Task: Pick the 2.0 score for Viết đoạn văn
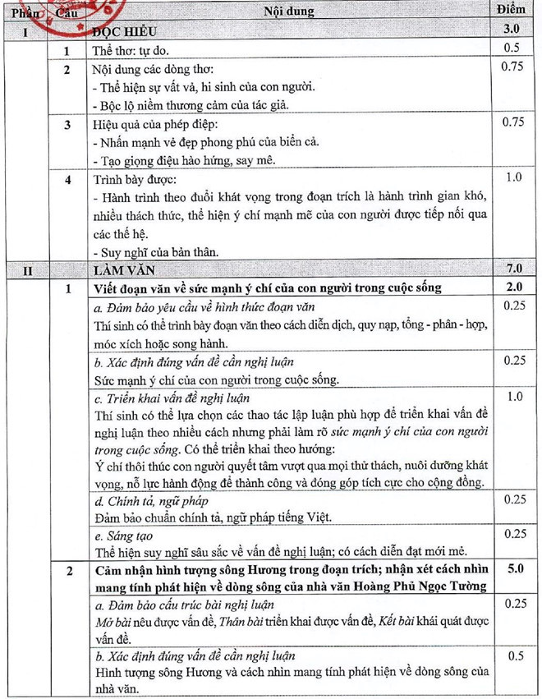click(514, 287)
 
